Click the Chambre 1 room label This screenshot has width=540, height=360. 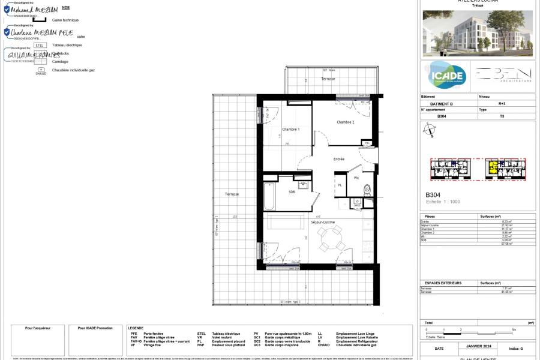tap(290, 130)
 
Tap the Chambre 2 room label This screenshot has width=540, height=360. tap(345, 122)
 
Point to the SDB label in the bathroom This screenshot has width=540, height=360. tap(292, 192)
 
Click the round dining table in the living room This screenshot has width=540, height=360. tap(331, 239)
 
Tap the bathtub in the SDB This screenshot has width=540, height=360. tap(269, 196)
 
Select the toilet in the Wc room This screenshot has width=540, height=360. tap(367, 191)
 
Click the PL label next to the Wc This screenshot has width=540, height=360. tap(340, 185)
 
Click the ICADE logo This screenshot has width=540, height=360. tap(447, 76)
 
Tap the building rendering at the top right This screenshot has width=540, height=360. tap(478, 33)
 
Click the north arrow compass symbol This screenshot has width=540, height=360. tap(429, 130)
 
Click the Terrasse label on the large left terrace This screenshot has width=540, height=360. tap(232, 194)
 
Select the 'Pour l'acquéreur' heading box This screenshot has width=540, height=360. tap(38, 328)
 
